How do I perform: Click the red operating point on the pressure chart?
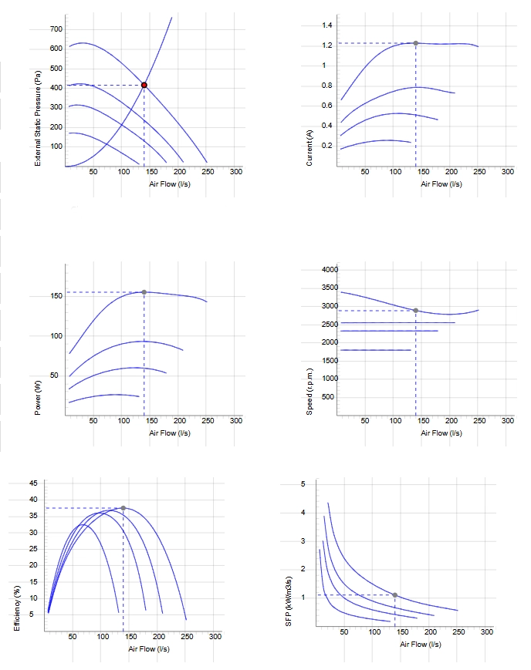(x=144, y=85)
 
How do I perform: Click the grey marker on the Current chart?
(x=415, y=43)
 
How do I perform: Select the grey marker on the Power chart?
(x=144, y=292)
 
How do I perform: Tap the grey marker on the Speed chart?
(x=415, y=310)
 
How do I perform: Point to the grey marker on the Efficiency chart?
(x=123, y=508)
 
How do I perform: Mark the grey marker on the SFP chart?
(x=395, y=594)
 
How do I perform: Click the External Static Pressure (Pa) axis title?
(x=38, y=117)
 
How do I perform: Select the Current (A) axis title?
(x=309, y=148)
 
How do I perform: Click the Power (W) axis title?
(x=38, y=397)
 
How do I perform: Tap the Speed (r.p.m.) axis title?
(x=309, y=392)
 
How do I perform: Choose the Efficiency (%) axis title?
(x=17, y=608)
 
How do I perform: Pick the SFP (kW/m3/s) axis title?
(x=289, y=601)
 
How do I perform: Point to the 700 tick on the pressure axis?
(x=56, y=29)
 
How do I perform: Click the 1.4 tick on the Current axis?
(x=327, y=25)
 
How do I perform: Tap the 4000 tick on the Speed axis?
(x=330, y=269)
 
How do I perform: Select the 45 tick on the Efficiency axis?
(x=33, y=483)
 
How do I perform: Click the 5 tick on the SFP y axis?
(x=303, y=484)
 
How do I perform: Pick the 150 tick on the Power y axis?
(x=56, y=296)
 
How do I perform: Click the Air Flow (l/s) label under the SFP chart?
(x=421, y=645)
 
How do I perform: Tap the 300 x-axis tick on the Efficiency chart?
(x=215, y=637)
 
